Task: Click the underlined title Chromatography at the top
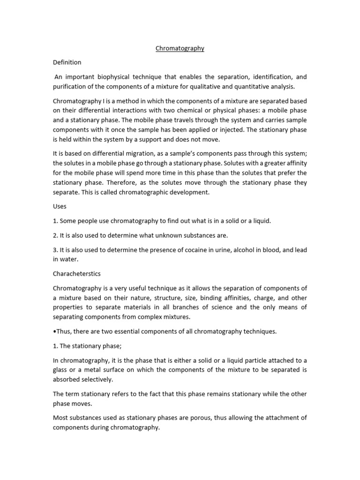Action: (x=180, y=48)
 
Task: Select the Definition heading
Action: (x=67, y=62)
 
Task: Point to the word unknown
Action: (x=162, y=236)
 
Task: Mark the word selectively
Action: (x=96, y=380)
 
